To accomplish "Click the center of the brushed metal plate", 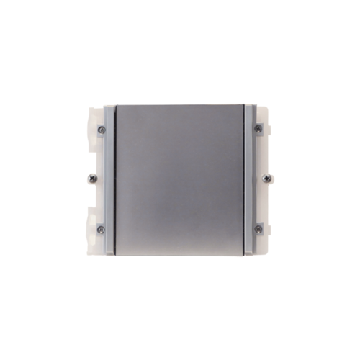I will coord(180,179).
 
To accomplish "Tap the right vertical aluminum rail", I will coord(251,180).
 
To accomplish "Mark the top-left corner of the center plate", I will coord(116,105).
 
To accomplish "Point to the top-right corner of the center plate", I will coord(245,105).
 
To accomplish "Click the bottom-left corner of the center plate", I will coord(116,253).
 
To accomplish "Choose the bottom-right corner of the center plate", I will coord(245,253).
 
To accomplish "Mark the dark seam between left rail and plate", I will coord(114,180).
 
